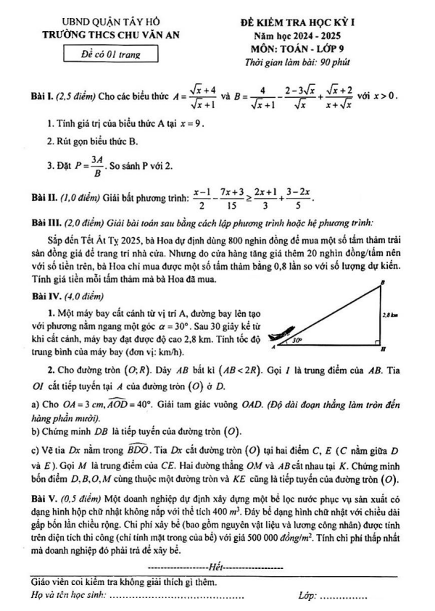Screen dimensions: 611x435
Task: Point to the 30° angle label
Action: tap(297, 338)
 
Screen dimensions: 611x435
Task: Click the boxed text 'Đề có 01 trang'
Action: tap(112, 54)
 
